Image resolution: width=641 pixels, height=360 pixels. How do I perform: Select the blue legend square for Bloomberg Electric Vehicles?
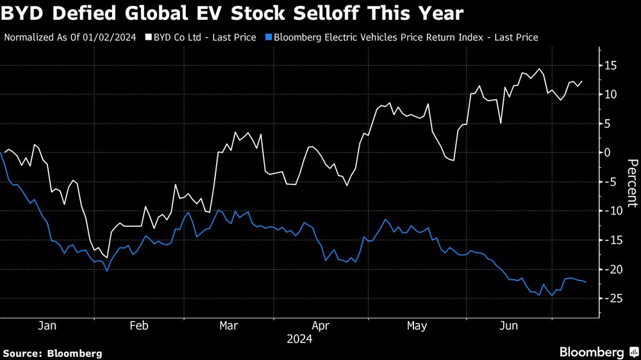click(268, 37)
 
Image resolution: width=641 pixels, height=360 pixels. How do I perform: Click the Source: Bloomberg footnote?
click(52, 353)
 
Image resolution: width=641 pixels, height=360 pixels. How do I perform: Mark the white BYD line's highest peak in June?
click(540, 69)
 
